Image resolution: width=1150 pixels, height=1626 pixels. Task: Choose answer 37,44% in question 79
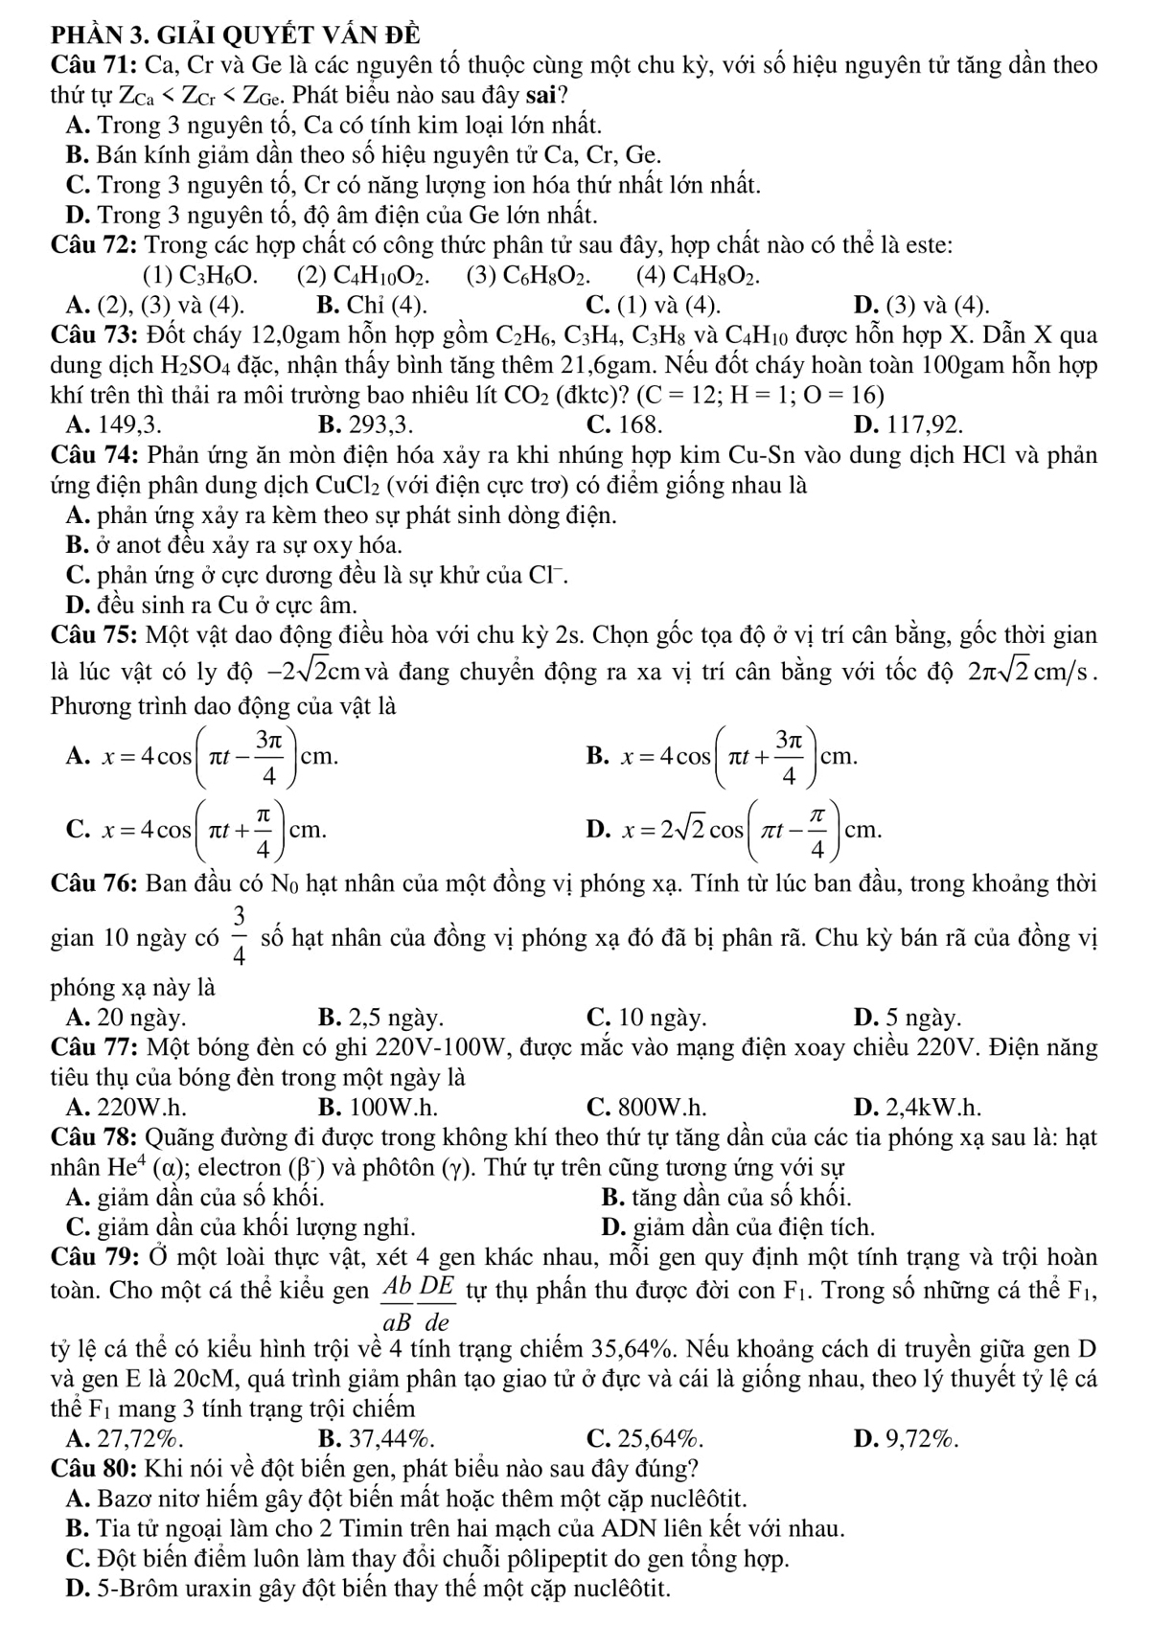pyautogui.click(x=389, y=1437)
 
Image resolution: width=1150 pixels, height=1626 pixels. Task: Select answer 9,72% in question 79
pyautogui.click(x=921, y=1437)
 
